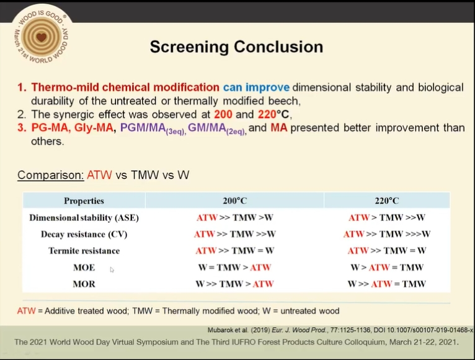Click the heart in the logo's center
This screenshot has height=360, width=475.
coord(41,37)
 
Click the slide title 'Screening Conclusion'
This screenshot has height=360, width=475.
coord(236,47)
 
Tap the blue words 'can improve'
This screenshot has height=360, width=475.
coord(256,88)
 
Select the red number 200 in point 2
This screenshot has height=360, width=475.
coord(223,114)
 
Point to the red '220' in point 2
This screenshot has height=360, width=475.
coord(267,114)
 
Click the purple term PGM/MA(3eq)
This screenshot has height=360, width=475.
coord(153,128)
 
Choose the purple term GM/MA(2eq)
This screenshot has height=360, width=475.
coord(217,128)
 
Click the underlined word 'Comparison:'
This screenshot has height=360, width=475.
coord(51,175)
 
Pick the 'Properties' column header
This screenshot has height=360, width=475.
coord(84,200)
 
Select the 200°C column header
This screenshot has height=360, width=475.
coord(235,200)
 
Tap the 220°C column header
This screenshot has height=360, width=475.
coord(386,200)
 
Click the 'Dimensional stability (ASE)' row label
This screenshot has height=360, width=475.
coord(84,218)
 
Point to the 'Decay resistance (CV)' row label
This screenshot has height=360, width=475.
coord(84,235)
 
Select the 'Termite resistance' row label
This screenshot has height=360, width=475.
coord(84,251)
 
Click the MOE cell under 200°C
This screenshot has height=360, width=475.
coord(235,268)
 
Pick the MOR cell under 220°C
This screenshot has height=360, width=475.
coord(386,284)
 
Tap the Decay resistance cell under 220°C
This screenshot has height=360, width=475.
coord(386,234)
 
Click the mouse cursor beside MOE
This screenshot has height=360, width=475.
coord(112,269)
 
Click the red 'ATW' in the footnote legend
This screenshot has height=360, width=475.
coord(27,311)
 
